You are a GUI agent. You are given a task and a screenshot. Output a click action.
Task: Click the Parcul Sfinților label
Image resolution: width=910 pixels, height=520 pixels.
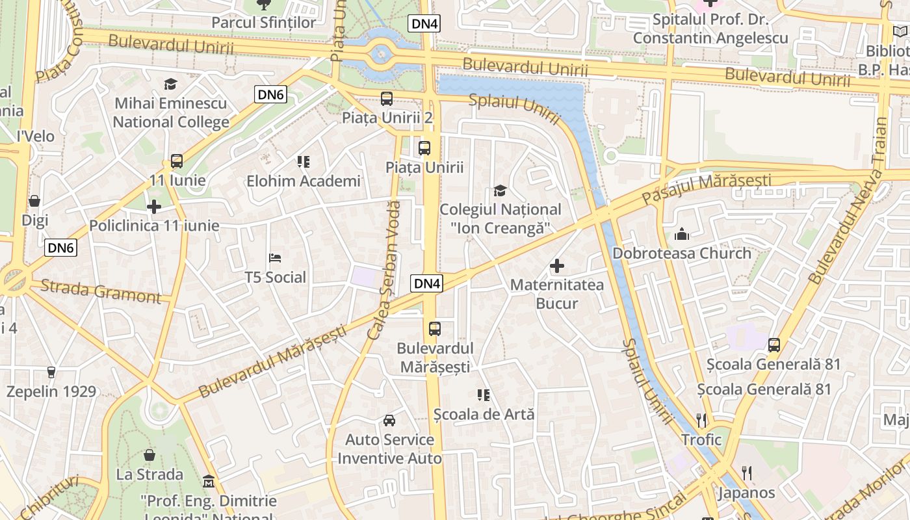coord(264,22)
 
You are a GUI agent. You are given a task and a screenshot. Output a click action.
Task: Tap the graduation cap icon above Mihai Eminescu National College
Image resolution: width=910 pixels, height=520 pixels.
coord(170,84)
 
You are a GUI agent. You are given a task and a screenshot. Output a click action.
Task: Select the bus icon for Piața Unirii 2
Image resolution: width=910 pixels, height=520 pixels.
coord(387,99)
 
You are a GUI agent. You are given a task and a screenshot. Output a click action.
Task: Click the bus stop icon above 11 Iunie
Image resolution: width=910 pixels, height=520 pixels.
coord(176,161)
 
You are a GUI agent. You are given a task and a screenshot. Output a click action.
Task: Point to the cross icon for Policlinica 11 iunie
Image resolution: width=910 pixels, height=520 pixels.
coord(154,207)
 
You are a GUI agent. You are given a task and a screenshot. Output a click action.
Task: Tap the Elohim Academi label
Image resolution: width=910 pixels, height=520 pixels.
coord(303,181)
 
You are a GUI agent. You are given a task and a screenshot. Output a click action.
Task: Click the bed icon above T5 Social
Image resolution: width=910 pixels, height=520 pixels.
coord(275,258)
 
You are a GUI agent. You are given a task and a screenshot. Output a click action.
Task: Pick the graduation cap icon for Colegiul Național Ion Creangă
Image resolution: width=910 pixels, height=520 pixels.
coord(500,190)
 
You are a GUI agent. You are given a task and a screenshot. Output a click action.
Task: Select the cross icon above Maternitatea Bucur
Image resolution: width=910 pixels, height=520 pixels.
coord(556,266)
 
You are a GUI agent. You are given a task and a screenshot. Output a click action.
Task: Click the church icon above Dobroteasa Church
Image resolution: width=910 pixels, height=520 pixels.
coord(682,234)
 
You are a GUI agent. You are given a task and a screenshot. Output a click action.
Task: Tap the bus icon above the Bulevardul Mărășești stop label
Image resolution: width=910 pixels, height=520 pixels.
coord(435,329)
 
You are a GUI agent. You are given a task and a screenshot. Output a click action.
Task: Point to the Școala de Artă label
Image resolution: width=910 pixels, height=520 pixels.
coord(484,413)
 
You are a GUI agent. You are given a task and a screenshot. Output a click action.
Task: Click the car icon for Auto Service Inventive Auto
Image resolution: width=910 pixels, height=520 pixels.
coord(389,421)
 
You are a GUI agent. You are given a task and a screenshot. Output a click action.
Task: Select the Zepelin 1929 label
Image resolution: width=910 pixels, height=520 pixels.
coord(51,391)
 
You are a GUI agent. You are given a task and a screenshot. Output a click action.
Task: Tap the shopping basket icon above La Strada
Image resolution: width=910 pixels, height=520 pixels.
coord(149,455)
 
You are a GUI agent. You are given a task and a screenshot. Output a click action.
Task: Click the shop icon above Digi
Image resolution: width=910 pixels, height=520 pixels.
coord(34,201)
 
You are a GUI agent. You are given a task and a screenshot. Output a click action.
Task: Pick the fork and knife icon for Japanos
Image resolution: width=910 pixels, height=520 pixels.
coord(746,473)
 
